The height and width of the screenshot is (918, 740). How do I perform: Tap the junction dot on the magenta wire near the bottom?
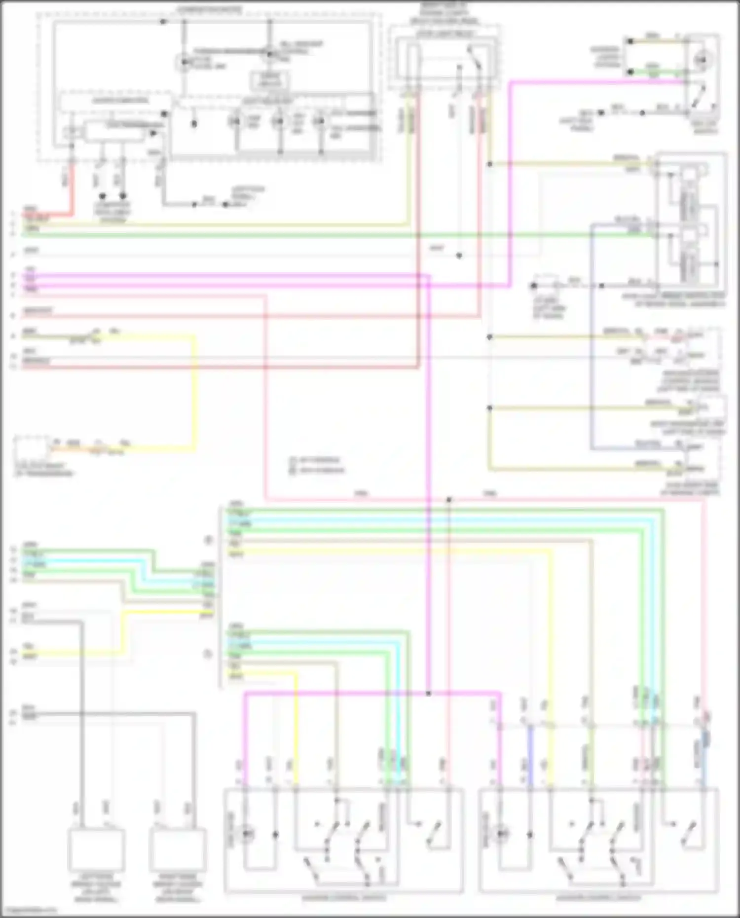pos(428,694)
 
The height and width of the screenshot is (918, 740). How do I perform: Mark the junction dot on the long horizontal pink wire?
pos(449,500)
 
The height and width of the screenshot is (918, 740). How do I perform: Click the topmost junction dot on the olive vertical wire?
pos(489,164)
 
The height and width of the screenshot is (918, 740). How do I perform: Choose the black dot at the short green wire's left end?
pos(630,72)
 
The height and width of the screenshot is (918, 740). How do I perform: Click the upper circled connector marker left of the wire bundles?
pos(208,540)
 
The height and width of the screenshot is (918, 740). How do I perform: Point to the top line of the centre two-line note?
pos(316,460)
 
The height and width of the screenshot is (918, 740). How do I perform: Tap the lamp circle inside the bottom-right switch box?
pos(502,834)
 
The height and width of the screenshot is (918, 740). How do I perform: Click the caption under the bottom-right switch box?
pos(598,898)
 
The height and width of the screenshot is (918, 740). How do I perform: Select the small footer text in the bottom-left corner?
pos(30,911)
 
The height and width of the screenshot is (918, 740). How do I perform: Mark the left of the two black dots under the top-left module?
pos(103,196)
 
